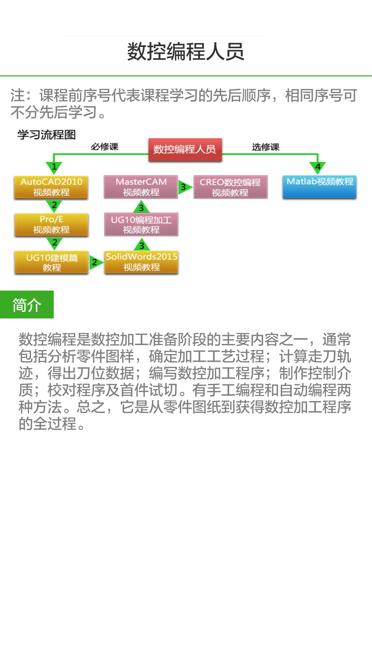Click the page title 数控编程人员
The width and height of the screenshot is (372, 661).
(x=186, y=52)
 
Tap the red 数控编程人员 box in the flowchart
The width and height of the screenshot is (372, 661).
(x=185, y=149)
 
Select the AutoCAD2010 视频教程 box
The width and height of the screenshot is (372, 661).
(x=51, y=187)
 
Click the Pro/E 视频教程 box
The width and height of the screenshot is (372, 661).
(x=51, y=224)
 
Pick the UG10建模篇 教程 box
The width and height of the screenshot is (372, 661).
(x=52, y=262)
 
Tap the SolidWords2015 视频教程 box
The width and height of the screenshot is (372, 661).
(x=141, y=262)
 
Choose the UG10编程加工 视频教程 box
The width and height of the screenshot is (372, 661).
(x=141, y=224)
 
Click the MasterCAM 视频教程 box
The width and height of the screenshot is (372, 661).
(x=141, y=187)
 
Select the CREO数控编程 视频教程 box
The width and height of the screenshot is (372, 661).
(x=230, y=187)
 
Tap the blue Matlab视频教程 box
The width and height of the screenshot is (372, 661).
(x=320, y=186)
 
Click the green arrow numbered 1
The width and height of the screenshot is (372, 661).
(x=54, y=168)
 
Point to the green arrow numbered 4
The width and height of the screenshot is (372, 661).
(x=318, y=167)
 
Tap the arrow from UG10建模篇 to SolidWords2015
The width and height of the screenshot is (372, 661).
(x=95, y=262)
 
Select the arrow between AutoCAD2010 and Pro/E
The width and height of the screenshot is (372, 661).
(x=54, y=206)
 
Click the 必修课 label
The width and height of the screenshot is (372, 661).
(x=104, y=147)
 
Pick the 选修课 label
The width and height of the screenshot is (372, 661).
(x=265, y=147)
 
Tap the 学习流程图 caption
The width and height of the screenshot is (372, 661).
(x=46, y=135)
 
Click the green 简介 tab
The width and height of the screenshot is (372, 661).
(x=27, y=305)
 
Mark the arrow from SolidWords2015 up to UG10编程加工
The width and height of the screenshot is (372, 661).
(x=142, y=245)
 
